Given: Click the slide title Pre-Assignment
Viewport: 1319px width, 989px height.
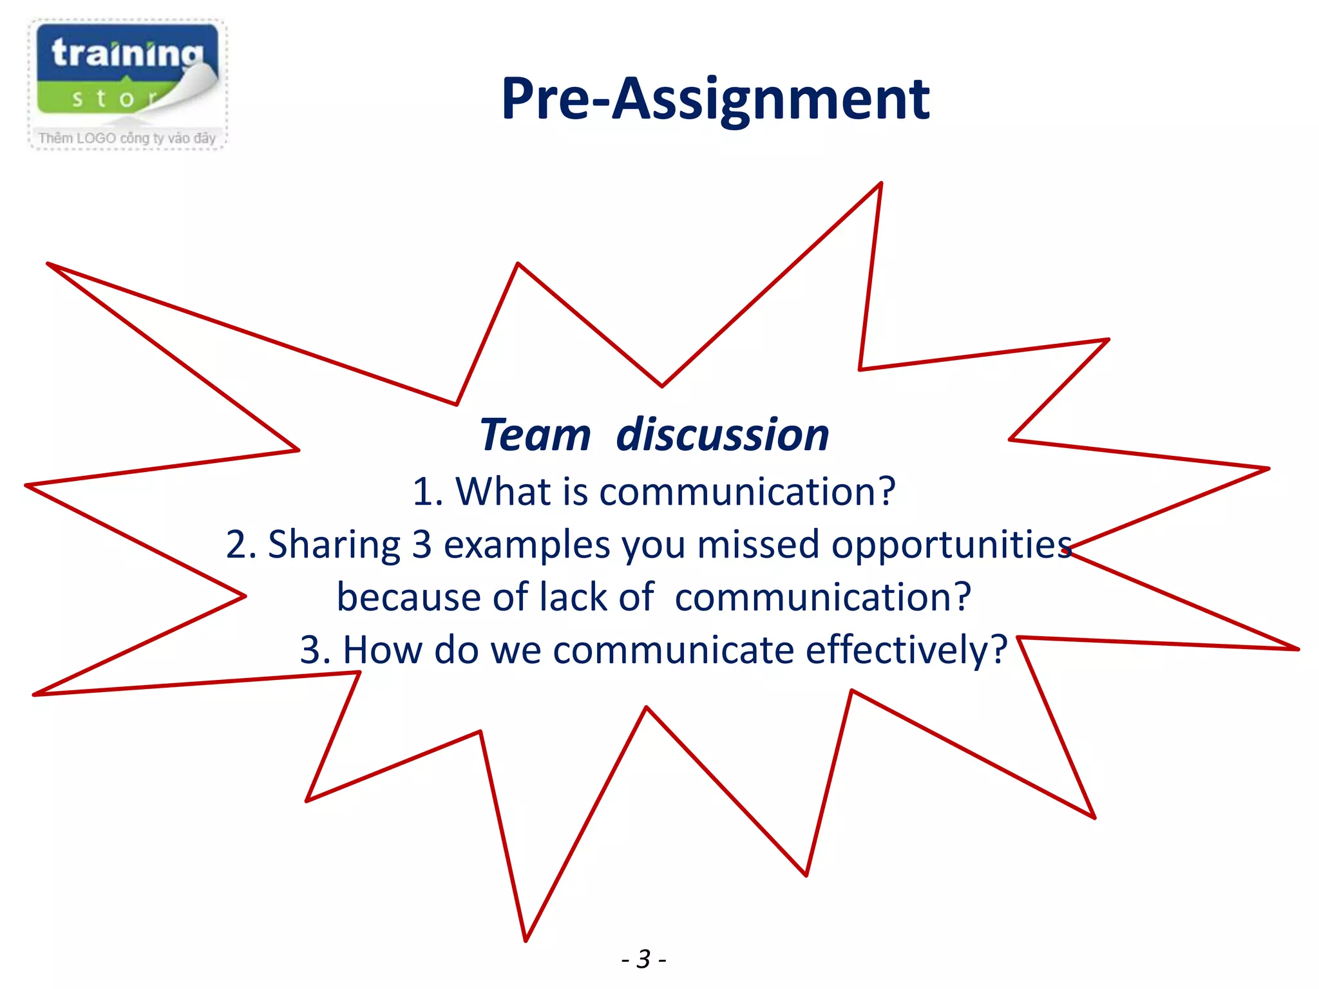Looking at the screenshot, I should pyautogui.click(x=715, y=100).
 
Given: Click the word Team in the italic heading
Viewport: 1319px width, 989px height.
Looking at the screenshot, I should pyautogui.click(x=535, y=435).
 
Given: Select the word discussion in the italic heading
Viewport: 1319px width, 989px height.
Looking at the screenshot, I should pyautogui.click(x=722, y=435).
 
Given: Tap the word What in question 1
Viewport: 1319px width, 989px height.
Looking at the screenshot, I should pyautogui.click(x=504, y=492).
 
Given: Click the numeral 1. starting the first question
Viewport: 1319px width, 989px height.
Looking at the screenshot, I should pyautogui.click(x=427, y=493).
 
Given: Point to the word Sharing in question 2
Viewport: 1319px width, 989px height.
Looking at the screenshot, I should pyautogui.click(x=334, y=545).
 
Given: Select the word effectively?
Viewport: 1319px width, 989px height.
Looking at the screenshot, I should pyautogui.click(x=906, y=650).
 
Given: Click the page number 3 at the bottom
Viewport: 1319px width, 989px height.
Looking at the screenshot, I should pyautogui.click(x=643, y=959).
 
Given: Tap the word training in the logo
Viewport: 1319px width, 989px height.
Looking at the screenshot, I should pyautogui.click(x=127, y=53).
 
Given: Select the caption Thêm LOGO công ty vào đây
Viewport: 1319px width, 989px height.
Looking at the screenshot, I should pyautogui.click(x=127, y=138).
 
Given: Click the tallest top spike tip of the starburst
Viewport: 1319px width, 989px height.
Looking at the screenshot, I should pyautogui.click(x=880, y=184).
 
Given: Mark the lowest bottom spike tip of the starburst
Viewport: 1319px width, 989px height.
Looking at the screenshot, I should pyautogui.click(x=526, y=939).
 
